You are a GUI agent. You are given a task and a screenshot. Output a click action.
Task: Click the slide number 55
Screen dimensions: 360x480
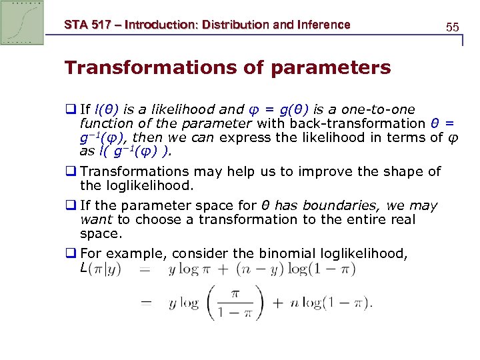pos(452,27)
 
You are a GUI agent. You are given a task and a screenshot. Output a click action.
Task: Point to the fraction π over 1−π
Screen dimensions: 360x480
pos(233,303)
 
